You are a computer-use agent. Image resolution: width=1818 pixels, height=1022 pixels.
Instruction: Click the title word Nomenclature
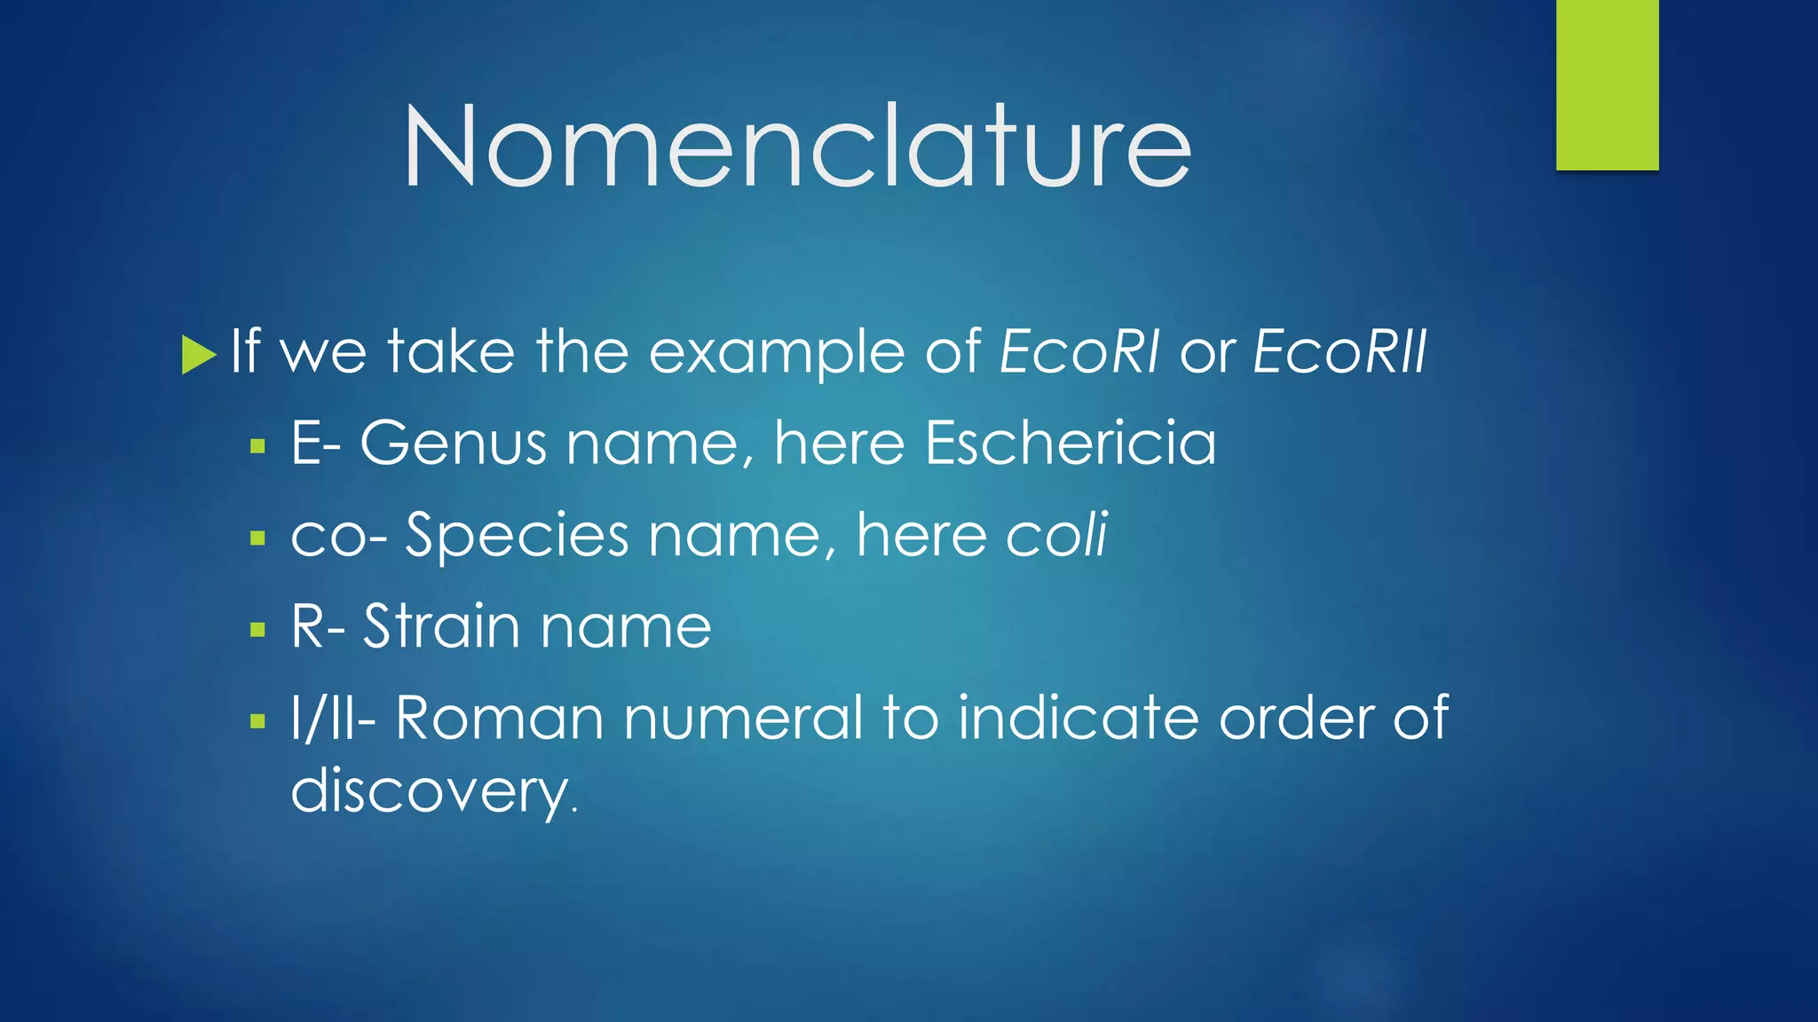click(796, 146)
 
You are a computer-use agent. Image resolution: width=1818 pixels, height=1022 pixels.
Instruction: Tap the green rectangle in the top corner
click(1607, 84)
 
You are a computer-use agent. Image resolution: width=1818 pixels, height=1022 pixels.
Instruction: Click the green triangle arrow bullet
click(198, 354)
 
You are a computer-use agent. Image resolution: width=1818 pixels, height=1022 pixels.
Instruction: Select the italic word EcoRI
click(1079, 351)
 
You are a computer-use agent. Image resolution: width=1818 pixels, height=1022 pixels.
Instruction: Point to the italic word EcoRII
click(1340, 351)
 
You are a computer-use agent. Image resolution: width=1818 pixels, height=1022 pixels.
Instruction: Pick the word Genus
click(453, 443)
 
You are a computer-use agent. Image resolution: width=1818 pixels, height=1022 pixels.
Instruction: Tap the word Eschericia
click(1070, 443)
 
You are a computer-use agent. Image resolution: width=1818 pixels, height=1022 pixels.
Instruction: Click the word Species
click(517, 536)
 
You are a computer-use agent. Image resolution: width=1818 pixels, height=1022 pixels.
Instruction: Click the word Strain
click(441, 626)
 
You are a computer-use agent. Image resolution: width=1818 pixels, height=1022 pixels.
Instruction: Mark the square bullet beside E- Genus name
click(258, 445)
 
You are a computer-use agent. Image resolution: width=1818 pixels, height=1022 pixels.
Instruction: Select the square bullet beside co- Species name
click(258, 538)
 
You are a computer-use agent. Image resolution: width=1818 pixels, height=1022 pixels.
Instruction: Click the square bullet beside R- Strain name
click(258, 630)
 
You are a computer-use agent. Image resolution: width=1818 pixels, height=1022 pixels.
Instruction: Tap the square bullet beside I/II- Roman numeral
click(258, 721)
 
